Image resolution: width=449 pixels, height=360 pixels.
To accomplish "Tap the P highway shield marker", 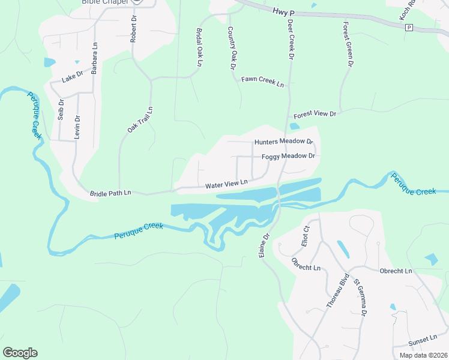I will coord(409,28).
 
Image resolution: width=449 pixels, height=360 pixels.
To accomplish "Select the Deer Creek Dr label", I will coord(291,38).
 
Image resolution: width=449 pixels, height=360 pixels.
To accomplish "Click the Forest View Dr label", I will coord(315,114).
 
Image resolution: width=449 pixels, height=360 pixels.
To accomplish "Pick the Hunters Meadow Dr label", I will coord(284,142).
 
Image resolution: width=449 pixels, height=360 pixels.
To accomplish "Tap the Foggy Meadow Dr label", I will coord(288,156).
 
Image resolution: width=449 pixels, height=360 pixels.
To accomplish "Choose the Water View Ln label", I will coord(226,184).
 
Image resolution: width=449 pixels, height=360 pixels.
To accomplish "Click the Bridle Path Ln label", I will coord(110,194).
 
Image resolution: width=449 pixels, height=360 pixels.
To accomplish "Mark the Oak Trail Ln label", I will coord(140,120).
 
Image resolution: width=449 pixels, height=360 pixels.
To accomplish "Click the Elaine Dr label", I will coord(264,247).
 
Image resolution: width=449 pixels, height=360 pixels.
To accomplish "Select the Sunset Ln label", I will coord(420,340).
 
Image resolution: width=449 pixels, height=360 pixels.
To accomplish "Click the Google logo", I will coord(20,353).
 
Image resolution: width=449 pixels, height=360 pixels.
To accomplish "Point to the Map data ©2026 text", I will coord(424,355).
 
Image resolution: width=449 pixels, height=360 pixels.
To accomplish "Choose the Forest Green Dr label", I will coord(346,41).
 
